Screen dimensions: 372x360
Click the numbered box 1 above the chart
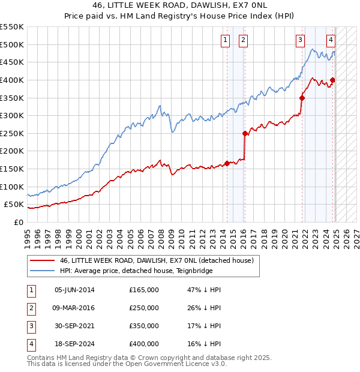[x=225, y=40]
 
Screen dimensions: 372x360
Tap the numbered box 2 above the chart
[x=243, y=40]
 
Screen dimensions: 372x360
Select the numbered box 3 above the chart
[x=300, y=40]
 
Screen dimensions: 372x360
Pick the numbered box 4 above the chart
[x=331, y=40]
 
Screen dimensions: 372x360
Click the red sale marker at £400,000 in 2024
[x=332, y=80]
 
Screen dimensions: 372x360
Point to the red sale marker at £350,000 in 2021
[x=302, y=98]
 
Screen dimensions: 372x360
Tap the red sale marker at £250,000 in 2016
[x=245, y=133]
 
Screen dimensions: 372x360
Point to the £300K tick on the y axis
[x=12, y=115]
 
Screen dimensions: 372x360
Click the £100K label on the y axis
[x=12, y=187]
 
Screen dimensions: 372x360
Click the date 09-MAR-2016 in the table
[x=74, y=308]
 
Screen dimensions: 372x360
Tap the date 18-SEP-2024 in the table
[x=74, y=344]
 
